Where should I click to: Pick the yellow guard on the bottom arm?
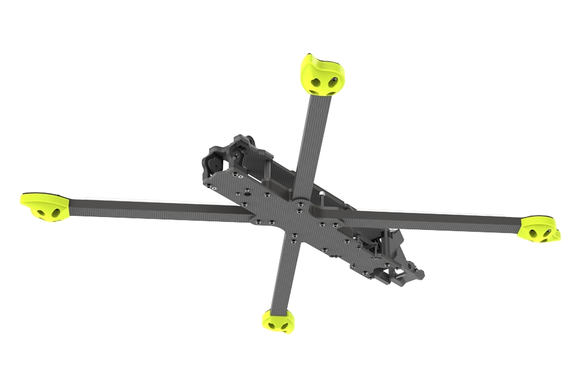pyautogui.click(x=278, y=321)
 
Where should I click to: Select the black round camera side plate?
pyautogui.click(x=214, y=164)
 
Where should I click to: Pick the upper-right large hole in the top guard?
pyautogui.click(x=334, y=81)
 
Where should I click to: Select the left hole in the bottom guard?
pyautogui.click(x=269, y=325)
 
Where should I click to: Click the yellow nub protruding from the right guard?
pyautogui.click(x=558, y=233)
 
